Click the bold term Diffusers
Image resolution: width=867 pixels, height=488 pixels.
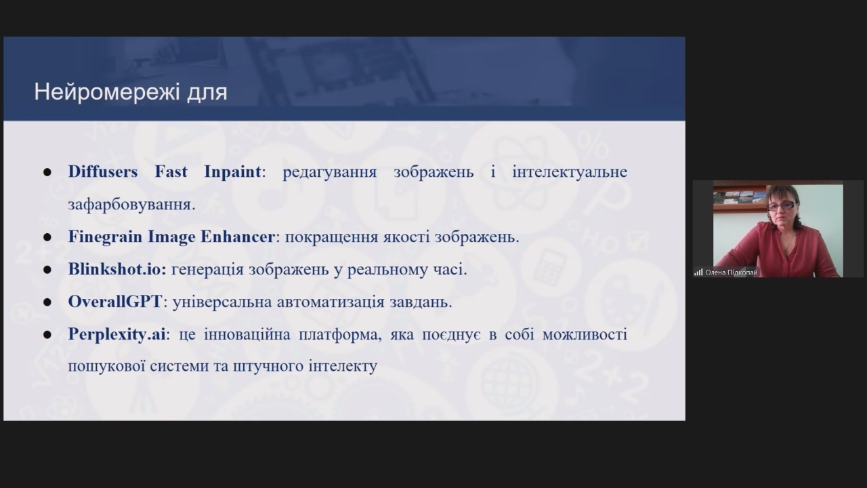coord(103,171)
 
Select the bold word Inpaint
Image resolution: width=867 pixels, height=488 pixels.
coord(232,172)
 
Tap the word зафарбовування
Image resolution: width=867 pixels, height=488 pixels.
coord(131,205)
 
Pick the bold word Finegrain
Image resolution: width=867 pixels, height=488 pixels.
coord(105,237)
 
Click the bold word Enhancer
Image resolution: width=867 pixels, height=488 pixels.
coord(238,237)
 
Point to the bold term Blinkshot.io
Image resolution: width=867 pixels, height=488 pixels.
coord(117,269)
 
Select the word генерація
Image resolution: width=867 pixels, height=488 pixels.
coord(207,270)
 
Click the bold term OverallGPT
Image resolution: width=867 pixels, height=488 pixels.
coord(115,302)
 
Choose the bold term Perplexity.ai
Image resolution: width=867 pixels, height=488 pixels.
coord(117,334)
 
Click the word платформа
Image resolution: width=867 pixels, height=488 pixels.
coord(340,334)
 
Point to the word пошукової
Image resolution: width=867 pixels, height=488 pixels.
coord(106,367)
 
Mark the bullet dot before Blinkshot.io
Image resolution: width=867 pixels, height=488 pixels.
coord(47,270)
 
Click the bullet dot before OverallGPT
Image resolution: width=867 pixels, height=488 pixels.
coord(47,302)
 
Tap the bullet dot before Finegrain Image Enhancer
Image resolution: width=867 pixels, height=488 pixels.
coord(47,237)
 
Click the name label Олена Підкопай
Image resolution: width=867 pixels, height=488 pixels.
coord(731,272)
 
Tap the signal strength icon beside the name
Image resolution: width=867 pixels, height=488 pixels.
coord(698,272)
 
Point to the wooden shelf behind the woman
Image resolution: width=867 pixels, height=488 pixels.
coord(739,205)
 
